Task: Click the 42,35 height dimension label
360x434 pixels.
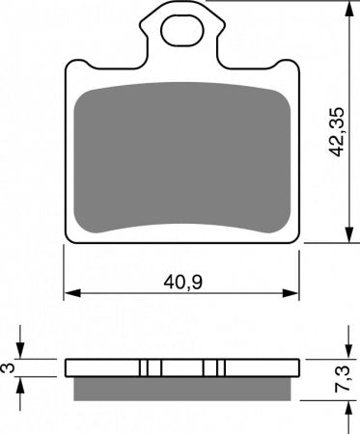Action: [x=338, y=132]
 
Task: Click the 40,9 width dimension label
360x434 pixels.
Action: [x=182, y=283]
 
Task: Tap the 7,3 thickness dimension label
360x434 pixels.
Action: [x=342, y=379]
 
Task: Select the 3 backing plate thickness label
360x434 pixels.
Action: [x=9, y=367]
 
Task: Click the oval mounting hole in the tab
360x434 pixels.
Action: [x=182, y=31]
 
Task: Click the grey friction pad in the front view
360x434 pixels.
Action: [x=182, y=157]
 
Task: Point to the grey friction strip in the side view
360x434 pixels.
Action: [x=182, y=389]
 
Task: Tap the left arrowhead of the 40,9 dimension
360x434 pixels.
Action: [x=72, y=293]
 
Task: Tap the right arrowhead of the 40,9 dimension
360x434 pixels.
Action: [x=291, y=293]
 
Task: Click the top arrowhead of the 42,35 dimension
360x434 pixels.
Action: [x=348, y=9]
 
